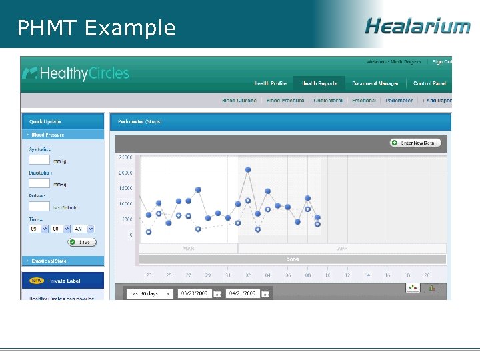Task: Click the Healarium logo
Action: pyautogui.click(x=417, y=26)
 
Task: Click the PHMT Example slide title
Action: pyautogui.click(x=96, y=28)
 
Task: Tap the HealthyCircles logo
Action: pyautogui.click(x=76, y=73)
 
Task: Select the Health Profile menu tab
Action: pyautogui.click(x=270, y=83)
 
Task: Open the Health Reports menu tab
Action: pyautogui.click(x=319, y=83)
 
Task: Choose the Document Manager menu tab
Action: pyautogui.click(x=375, y=83)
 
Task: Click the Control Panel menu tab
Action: pyautogui.click(x=429, y=83)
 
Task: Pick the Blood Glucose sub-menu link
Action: pyautogui.click(x=239, y=101)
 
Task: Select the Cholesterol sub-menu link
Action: pyautogui.click(x=328, y=101)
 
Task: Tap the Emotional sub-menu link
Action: pyautogui.click(x=364, y=101)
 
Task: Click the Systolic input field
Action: pyautogui.click(x=39, y=160)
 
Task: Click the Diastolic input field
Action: pyautogui.click(x=39, y=183)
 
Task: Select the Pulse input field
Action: pyautogui.click(x=39, y=206)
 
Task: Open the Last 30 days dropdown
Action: pyautogui.click(x=151, y=293)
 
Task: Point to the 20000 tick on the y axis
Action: pyautogui.click(x=125, y=173)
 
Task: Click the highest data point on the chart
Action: pyautogui.click(x=248, y=169)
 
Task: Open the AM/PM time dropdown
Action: pyautogui.click(x=83, y=229)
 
